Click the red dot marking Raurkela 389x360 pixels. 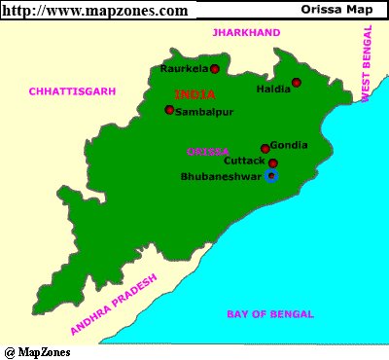coord(214,69)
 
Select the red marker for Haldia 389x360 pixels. coord(297,83)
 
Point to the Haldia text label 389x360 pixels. coord(273,90)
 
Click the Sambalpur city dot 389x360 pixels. coord(169,110)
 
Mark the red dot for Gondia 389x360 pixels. coord(265,148)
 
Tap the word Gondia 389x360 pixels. coord(289,144)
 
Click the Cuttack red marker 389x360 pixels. coord(273,163)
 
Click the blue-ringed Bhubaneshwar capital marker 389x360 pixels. coord(271,176)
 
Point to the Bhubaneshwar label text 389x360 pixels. coord(222,177)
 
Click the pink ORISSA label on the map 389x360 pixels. coord(207,152)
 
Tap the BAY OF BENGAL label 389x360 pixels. coord(269,314)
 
